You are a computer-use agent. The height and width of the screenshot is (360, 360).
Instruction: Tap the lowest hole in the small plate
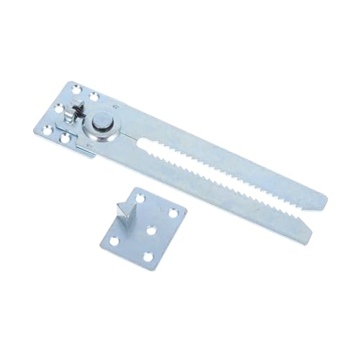[148, 258]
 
